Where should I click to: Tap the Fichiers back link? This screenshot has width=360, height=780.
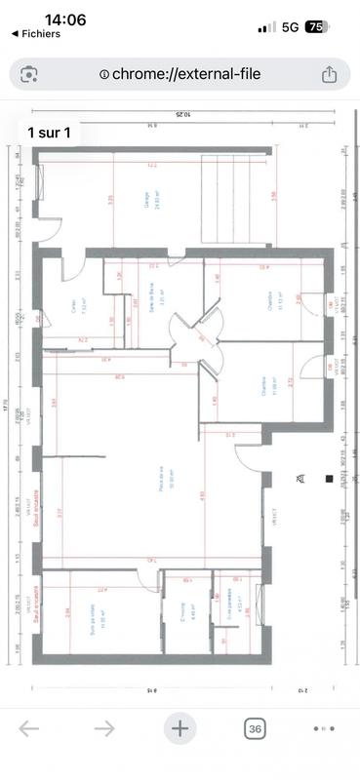pos(35,34)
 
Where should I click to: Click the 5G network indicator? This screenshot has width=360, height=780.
pos(290,27)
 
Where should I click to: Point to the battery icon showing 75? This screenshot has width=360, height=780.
pos(317,27)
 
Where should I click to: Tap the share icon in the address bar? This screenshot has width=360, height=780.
pos(329,74)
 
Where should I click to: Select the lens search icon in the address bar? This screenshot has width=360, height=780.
pos(30,74)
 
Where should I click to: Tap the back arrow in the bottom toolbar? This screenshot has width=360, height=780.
pos(29,727)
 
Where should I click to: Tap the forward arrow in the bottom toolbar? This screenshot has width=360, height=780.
pos(104,727)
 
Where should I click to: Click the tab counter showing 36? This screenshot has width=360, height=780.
pos(256,727)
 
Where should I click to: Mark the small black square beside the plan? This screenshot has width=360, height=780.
pos(330,479)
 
